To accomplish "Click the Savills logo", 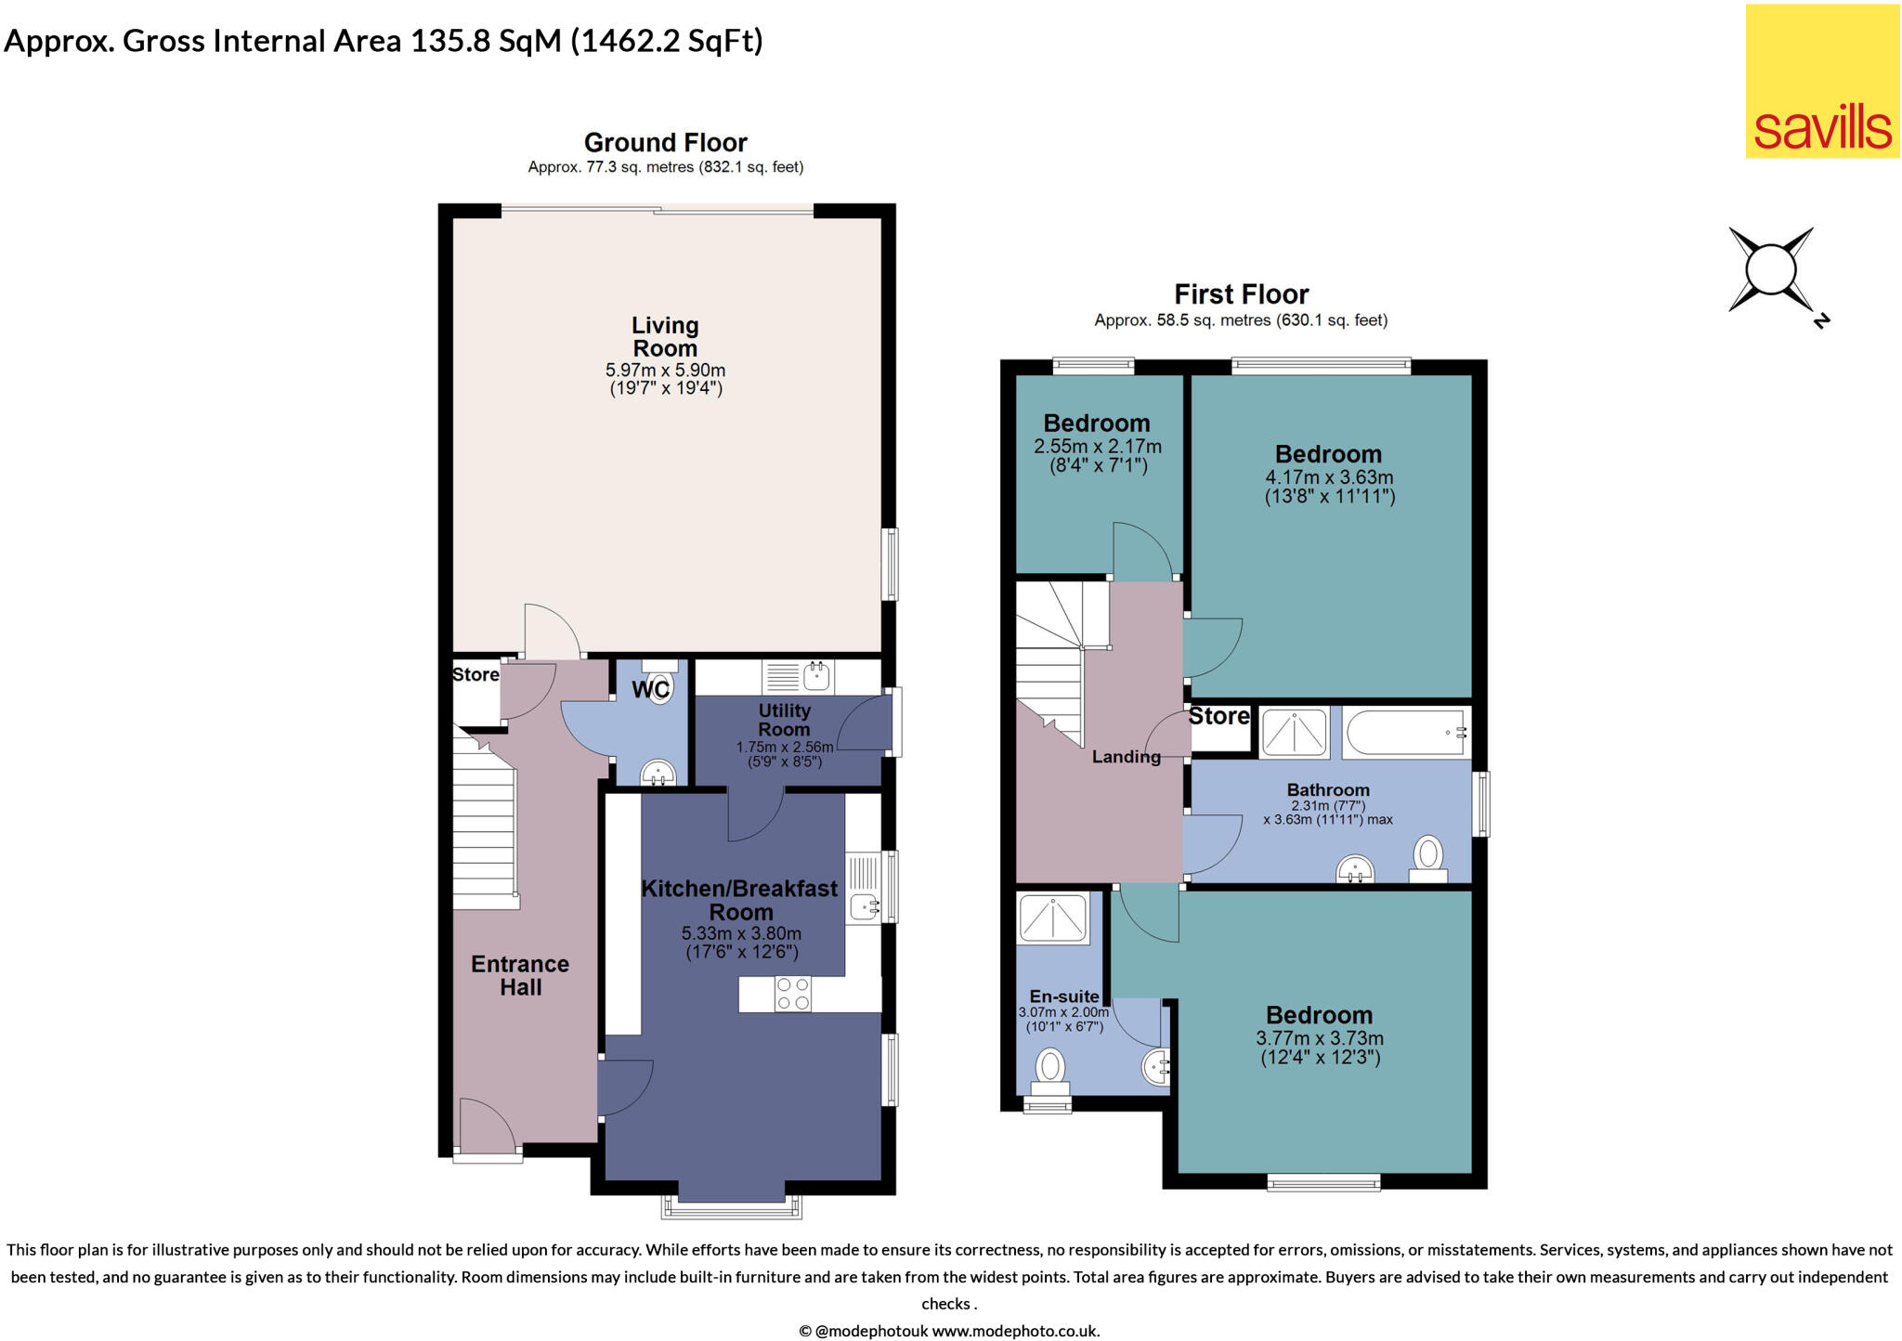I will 1821,81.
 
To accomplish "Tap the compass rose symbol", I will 1772,270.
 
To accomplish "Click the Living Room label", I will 665,337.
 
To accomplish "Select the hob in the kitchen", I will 793,994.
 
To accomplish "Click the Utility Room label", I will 785,720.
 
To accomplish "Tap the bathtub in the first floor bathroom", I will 1406,732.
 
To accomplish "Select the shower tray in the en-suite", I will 1053,918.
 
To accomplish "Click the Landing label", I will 1126,757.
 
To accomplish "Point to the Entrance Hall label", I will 520,975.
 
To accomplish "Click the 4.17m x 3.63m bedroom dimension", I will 1329,477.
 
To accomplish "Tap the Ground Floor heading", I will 665,142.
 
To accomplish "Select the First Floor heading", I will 1241,294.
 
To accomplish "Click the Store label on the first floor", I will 1218,716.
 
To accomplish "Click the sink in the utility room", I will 816,676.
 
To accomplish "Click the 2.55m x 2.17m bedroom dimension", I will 1098,447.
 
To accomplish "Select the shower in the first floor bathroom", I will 1294,732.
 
